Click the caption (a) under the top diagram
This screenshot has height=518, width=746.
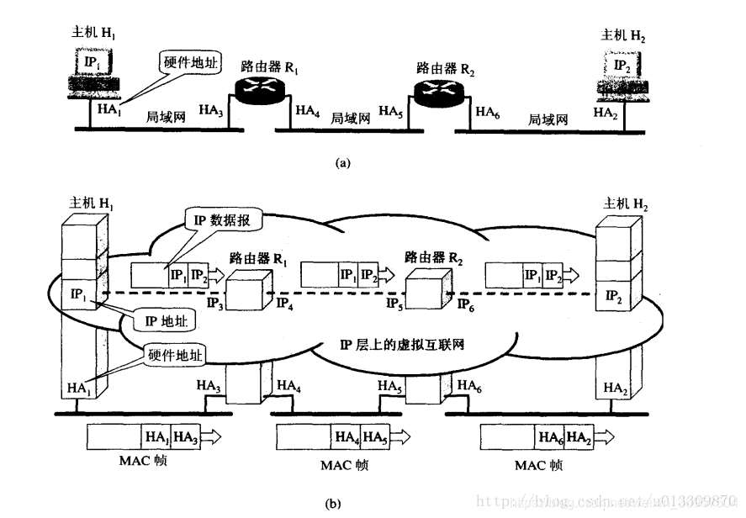tap(343, 164)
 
